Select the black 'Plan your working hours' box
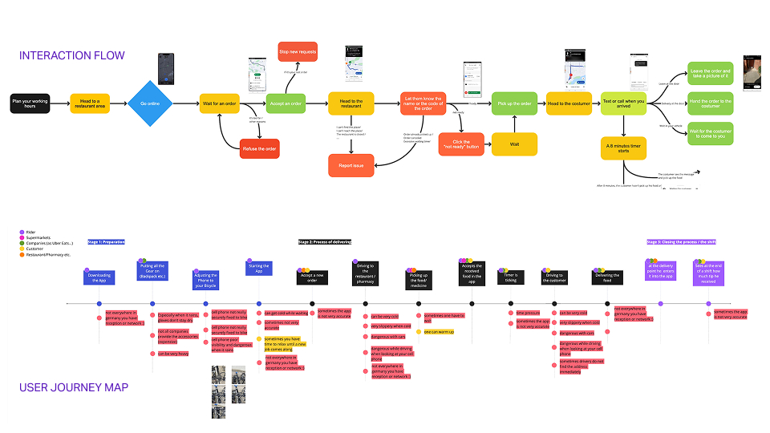29,103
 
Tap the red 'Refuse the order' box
261,148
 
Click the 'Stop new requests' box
298,52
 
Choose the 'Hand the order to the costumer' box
710,103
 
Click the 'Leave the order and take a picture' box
710,75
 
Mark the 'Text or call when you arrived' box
623,103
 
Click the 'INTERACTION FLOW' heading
72,55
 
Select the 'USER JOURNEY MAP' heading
74,388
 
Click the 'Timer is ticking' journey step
510,277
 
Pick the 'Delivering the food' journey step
606,277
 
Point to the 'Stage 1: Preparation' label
106,242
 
